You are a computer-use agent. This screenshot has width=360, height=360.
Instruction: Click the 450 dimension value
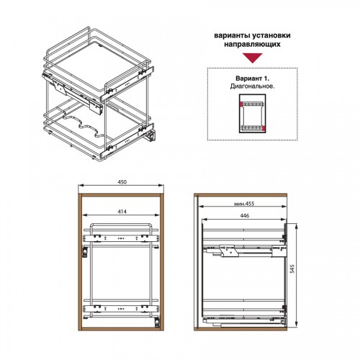click(x=122, y=182)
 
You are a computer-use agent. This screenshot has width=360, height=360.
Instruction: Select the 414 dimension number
click(x=122, y=212)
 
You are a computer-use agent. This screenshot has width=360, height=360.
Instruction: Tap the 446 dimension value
click(x=245, y=215)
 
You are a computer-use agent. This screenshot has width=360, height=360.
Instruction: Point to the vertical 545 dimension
click(x=292, y=269)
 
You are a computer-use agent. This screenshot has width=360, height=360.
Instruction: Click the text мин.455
click(x=244, y=204)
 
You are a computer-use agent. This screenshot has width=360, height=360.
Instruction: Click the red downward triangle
click(x=252, y=58)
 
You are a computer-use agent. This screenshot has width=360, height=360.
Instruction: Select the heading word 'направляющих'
click(x=252, y=45)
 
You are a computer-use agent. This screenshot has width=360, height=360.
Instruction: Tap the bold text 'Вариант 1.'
click(x=252, y=78)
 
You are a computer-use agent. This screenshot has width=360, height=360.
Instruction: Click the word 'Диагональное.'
click(x=252, y=86)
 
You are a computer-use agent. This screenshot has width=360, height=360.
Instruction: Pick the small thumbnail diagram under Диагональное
click(x=252, y=113)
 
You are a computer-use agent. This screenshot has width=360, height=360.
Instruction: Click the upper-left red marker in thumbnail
click(x=240, y=104)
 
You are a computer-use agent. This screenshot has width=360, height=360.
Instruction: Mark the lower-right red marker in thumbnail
click(x=264, y=128)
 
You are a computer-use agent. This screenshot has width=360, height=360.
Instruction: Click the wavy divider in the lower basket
click(x=81, y=125)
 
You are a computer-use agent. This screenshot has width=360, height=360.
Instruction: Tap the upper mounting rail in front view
click(x=121, y=238)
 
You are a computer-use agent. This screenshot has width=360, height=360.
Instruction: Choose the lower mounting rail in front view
click(x=121, y=309)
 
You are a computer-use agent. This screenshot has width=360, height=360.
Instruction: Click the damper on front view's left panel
click(x=84, y=251)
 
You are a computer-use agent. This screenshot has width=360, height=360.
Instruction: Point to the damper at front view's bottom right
click(x=157, y=322)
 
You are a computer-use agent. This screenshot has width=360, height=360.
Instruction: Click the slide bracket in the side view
click(x=228, y=251)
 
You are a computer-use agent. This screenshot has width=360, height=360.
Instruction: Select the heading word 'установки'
click(x=269, y=36)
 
